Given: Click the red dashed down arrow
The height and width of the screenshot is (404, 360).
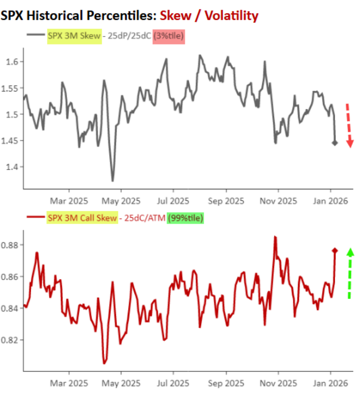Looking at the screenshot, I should click(349, 125).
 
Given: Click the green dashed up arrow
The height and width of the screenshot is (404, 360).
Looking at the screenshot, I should click(349, 273).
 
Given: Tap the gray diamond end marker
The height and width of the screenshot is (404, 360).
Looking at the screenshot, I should click(335, 143).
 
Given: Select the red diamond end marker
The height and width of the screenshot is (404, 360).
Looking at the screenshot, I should click(335, 250).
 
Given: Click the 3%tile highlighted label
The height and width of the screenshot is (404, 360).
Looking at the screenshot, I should click(169, 36).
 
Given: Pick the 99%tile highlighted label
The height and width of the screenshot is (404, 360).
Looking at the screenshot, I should click(185, 218).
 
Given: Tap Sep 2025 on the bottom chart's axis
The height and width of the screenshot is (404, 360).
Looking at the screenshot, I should click(226, 383).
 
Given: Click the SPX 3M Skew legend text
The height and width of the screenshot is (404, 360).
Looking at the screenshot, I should click(74, 36).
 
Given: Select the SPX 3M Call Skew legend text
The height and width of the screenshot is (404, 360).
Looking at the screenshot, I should click(83, 218).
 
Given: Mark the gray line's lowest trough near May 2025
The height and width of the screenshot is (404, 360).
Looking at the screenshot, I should click(113, 181).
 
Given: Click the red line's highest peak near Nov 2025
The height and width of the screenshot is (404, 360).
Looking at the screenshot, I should click(275, 237).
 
